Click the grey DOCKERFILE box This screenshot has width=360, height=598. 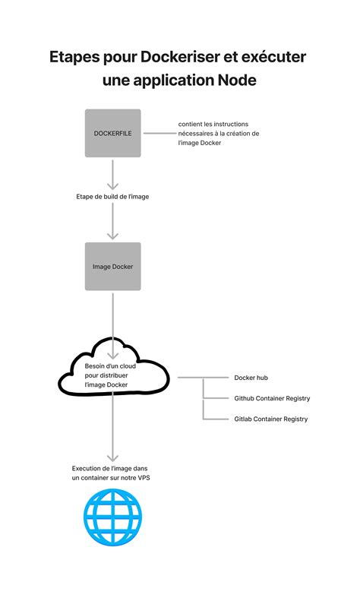112,133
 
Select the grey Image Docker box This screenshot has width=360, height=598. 112,266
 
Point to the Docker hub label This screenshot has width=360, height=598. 250,378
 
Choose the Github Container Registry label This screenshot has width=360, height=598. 271,398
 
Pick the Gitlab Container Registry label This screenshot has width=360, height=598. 270,419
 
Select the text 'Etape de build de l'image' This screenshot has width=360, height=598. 112,196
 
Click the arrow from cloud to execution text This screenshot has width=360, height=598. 112,433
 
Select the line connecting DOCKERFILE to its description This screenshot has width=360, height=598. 157,133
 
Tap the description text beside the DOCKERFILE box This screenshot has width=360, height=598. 219,133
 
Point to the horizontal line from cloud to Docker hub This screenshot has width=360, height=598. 201,378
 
